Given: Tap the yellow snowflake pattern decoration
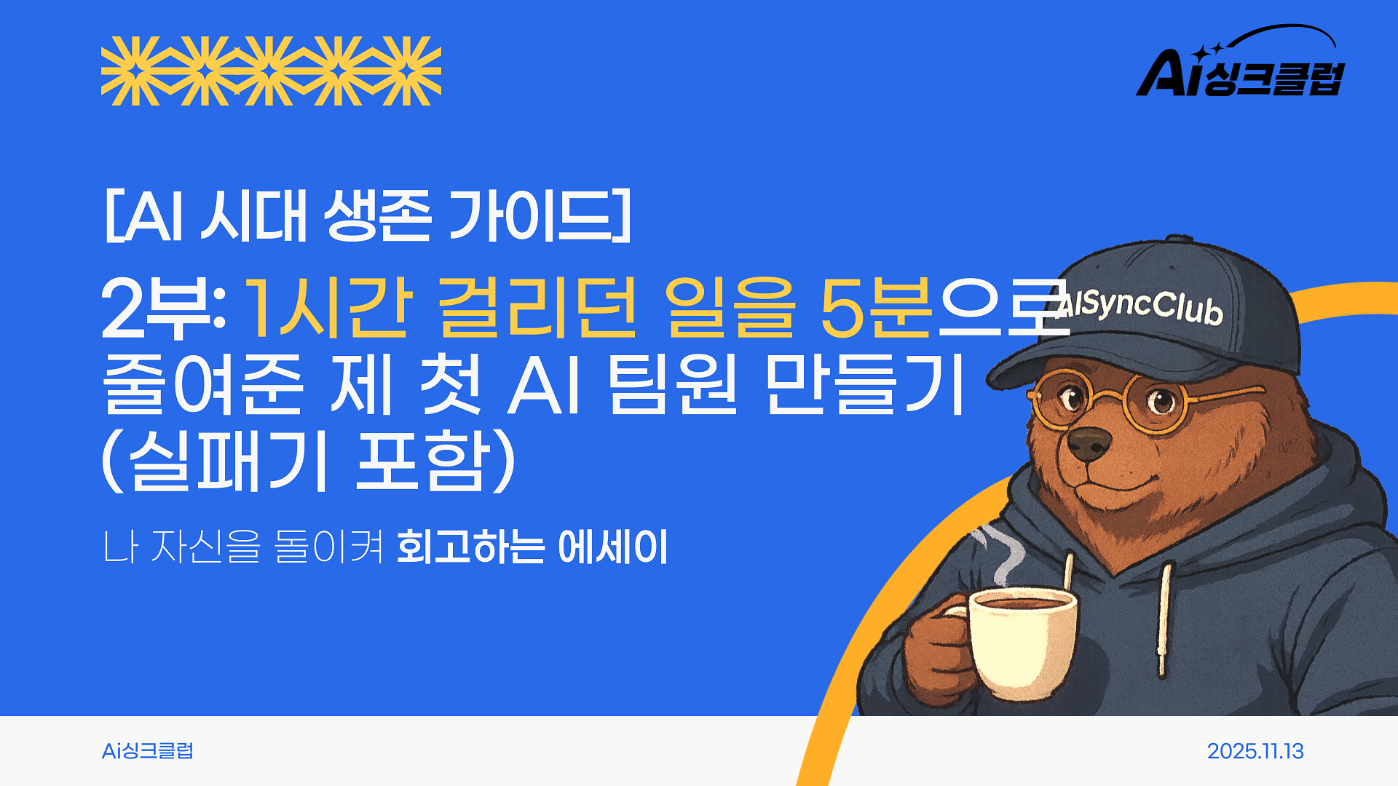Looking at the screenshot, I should click(271, 71).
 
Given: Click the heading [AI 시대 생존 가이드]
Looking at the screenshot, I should click(368, 215).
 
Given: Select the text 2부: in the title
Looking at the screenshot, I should click(163, 309).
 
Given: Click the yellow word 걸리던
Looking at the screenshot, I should click(538, 309).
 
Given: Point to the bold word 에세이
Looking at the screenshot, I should click(612, 547).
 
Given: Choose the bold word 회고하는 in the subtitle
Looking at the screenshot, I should click(470, 547).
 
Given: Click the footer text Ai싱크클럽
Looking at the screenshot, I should click(148, 751).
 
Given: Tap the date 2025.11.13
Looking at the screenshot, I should click(1255, 751).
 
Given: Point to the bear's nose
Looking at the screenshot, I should click(1089, 442).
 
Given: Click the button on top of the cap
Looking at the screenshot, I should click(1180, 239).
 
